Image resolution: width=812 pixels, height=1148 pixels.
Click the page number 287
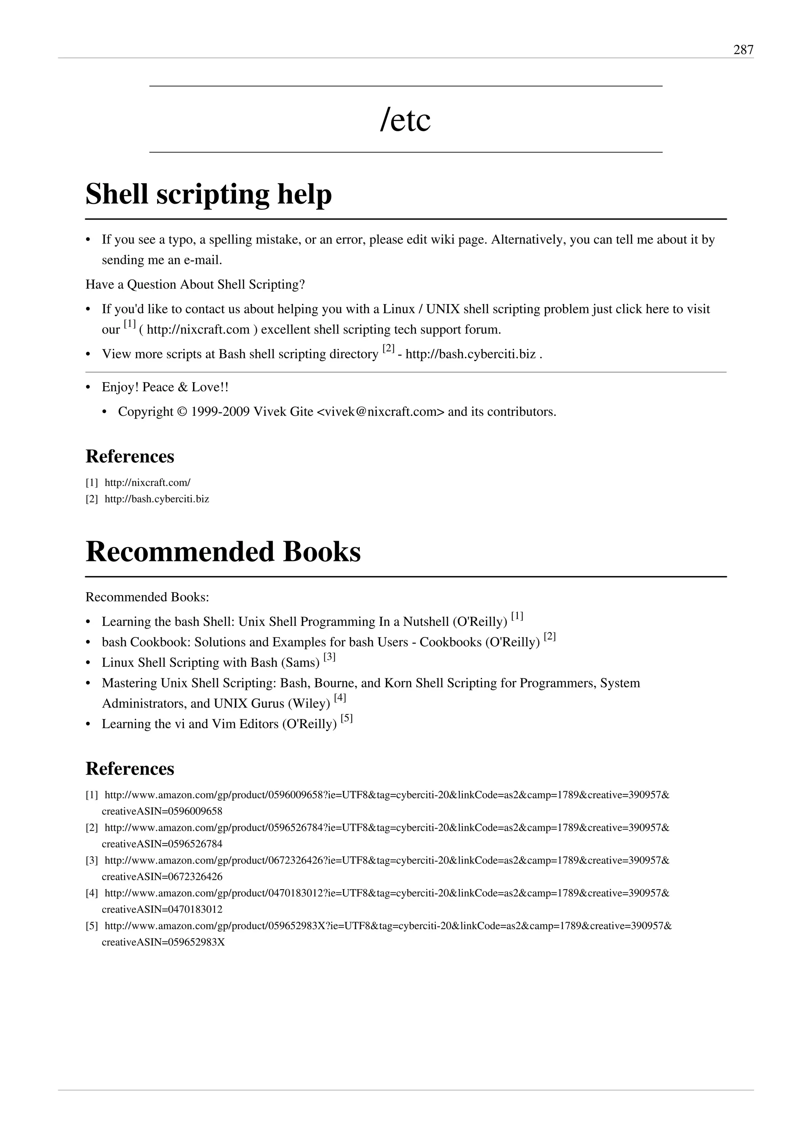pos(743,50)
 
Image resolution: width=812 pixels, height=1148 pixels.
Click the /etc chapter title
pos(405,120)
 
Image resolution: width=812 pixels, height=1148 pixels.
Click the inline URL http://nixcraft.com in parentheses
pos(198,330)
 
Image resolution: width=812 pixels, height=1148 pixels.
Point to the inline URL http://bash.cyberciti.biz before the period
pos(471,354)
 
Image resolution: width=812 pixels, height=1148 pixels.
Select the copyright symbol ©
pos(182,412)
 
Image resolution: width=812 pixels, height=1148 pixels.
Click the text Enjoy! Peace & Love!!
pos(165,388)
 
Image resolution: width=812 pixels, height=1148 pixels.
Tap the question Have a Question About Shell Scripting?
pos(195,285)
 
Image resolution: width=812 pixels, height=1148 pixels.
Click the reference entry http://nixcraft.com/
pos(147,483)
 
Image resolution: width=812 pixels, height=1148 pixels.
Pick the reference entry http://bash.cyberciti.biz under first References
pos(157,499)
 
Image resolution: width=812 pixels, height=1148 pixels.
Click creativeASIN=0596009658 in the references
pos(162,811)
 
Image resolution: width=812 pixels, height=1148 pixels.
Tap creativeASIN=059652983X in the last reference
pos(163,943)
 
